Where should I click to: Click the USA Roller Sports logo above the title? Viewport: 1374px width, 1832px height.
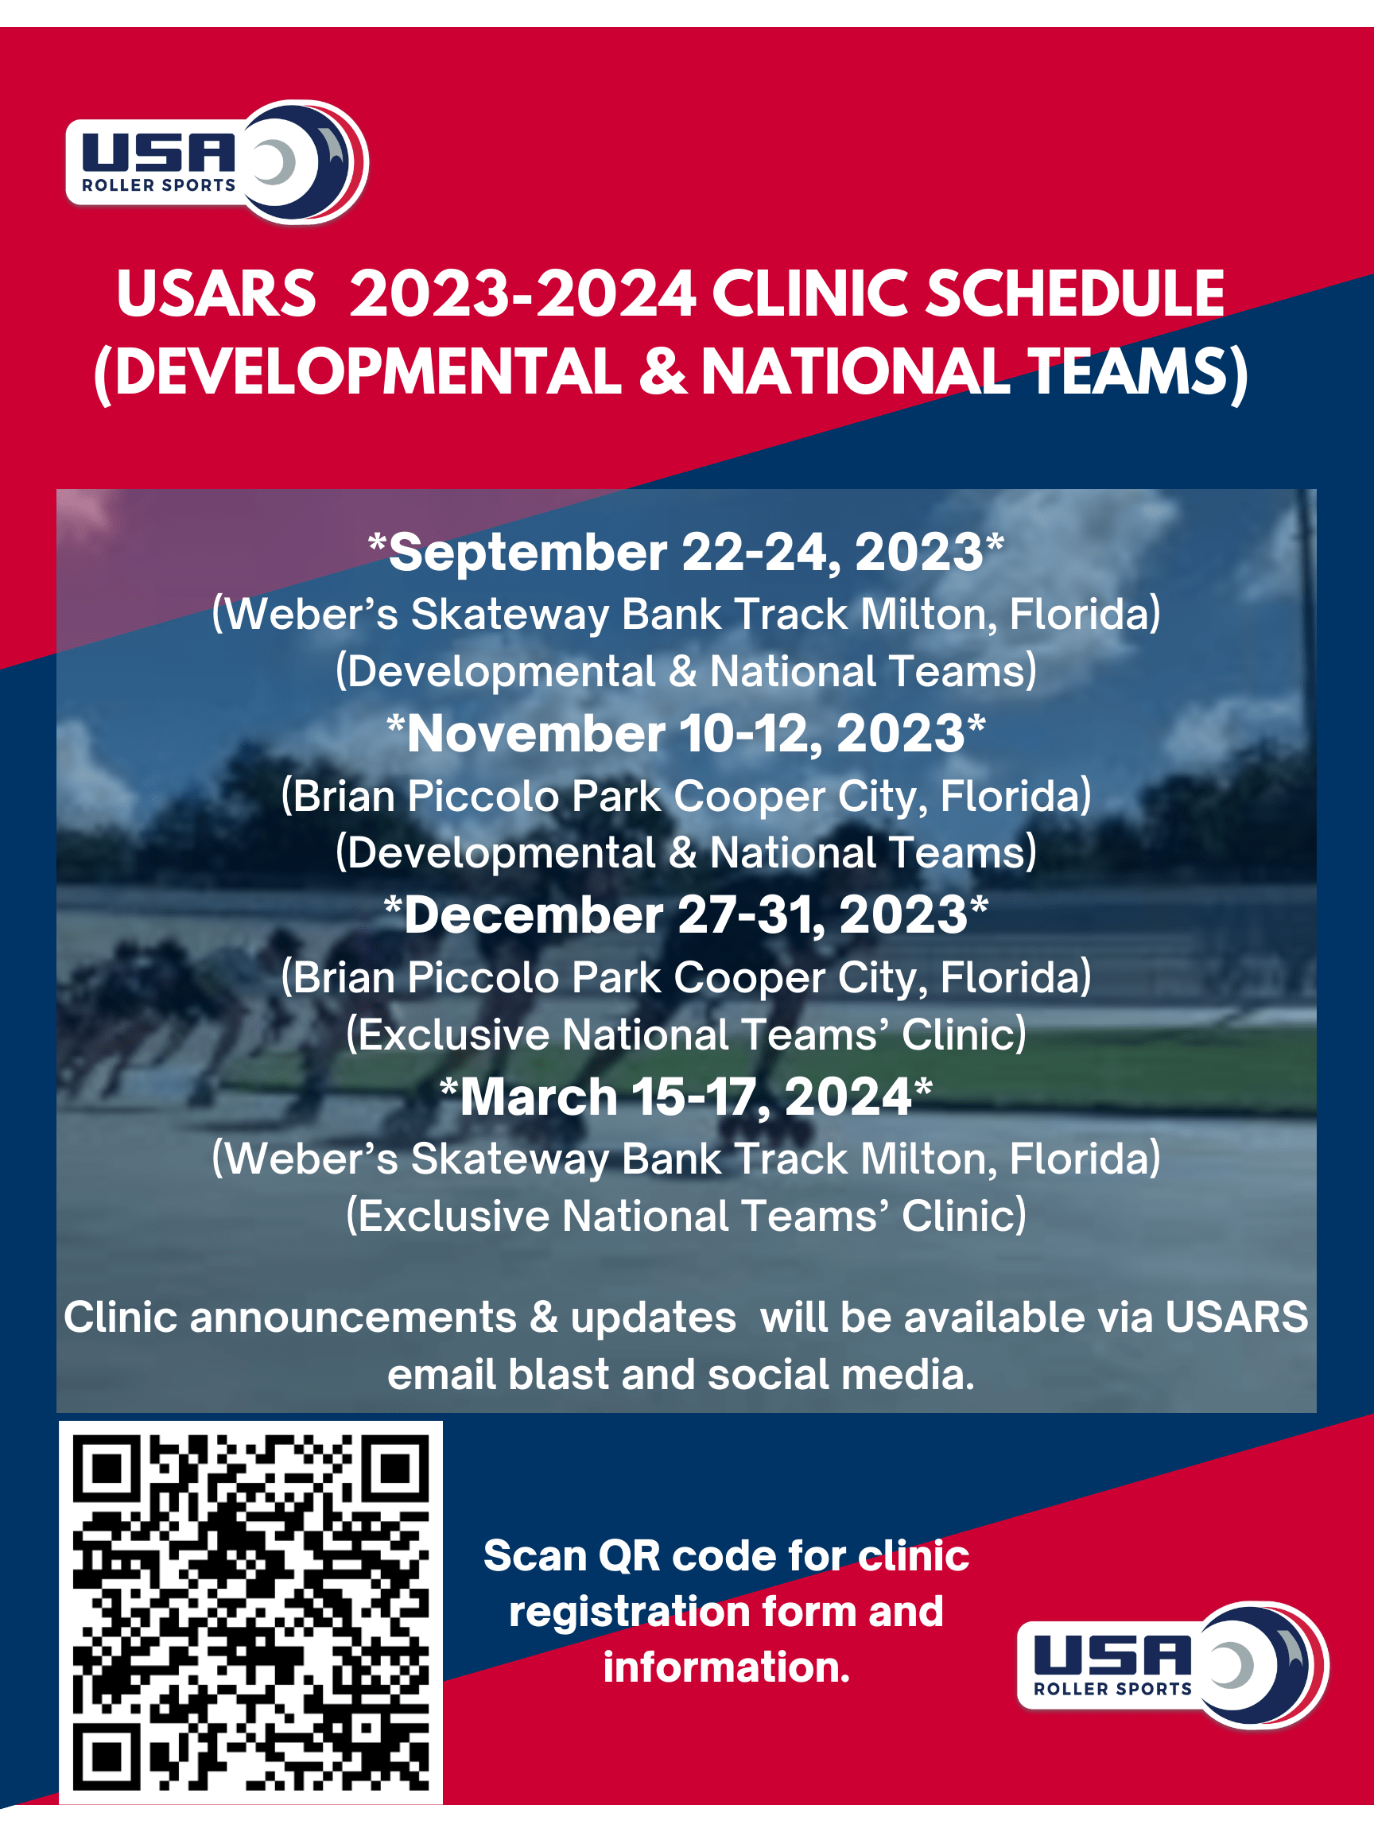pyautogui.click(x=217, y=162)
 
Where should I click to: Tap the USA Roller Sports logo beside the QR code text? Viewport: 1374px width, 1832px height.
pyautogui.click(x=1172, y=1665)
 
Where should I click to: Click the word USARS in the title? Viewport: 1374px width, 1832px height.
pyautogui.click(x=216, y=294)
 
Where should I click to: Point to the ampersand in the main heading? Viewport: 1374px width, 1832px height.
pyautogui.click(x=662, y=371)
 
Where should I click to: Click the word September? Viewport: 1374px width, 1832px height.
pyautogui.click(x=527, y=553)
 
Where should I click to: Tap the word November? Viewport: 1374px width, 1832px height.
pyautogui.click(x=535, y=734)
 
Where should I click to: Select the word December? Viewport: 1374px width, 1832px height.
pyautogui.click(x=534, y=915)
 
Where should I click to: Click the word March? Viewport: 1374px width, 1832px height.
pyautogui.click(x=538, y=1096)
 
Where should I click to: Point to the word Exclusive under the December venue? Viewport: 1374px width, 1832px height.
pyautogui.click(x=455, y=1034)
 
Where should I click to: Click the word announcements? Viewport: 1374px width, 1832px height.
pyautogui.click(x=353, y=1317)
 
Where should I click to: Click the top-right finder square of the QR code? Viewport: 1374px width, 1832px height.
pyautogui.click(x=398, y=1469)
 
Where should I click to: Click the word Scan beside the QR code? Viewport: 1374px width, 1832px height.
pyautogui.click(x=534, y=1555)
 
